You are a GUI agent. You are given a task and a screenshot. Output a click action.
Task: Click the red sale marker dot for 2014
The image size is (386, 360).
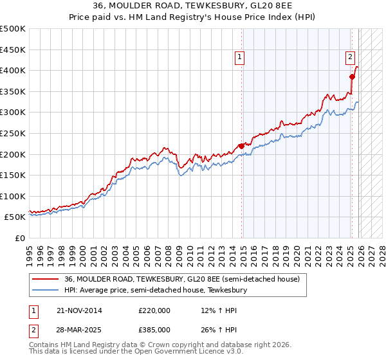[241, 146]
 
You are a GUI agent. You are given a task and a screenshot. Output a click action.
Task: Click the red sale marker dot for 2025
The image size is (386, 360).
[352, 76]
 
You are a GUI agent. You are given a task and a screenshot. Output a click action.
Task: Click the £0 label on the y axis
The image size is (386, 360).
[19, 238]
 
